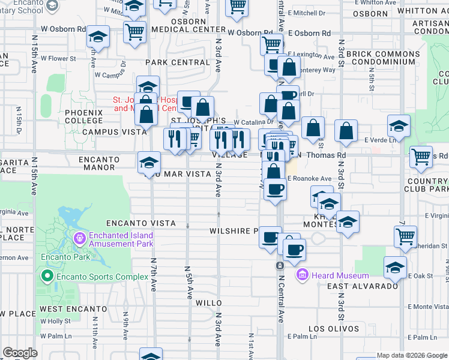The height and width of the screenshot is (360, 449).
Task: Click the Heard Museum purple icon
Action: click(x=303, y=275)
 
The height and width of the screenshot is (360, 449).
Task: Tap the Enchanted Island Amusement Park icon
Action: click(x=79, y=239)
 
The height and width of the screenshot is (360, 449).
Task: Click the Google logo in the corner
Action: click(x=20, y=353)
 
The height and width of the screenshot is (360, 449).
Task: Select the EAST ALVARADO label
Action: click(x=363, y=286)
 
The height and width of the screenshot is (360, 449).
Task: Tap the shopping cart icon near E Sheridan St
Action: click(x=406, y=236)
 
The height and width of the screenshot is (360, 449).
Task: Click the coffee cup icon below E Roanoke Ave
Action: click(x=275, y=188)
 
